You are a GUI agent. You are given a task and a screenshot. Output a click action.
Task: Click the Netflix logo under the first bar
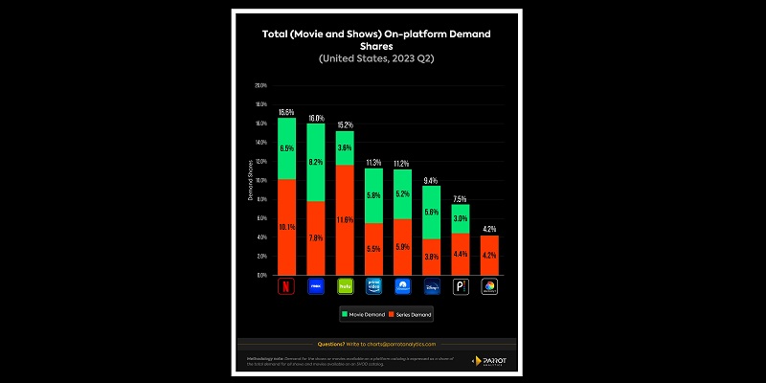285,285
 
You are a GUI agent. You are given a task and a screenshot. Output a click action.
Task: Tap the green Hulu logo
344,285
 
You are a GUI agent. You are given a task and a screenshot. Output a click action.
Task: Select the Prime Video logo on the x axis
373,285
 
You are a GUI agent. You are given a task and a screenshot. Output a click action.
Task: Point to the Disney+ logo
431,285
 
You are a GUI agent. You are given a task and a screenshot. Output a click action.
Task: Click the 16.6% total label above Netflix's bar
286,112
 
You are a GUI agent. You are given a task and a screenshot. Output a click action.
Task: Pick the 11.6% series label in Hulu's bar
344,220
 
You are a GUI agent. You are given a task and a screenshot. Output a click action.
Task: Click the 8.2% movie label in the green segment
315,162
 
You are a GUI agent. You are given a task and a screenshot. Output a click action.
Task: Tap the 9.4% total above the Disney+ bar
431,180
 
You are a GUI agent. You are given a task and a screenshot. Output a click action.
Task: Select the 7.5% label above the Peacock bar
461,198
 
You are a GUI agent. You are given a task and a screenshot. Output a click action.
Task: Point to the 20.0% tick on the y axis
260,85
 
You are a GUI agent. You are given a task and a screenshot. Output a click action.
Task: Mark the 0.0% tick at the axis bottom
260,275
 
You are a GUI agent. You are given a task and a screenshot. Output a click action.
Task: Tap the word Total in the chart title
278,34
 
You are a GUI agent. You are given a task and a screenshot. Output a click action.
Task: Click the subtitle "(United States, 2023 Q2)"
382,58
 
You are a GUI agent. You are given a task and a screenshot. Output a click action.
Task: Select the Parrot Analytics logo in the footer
487,360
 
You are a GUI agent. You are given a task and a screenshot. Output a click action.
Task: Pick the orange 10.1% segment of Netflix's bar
286,227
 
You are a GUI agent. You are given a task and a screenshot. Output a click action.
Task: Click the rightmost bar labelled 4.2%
489,255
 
